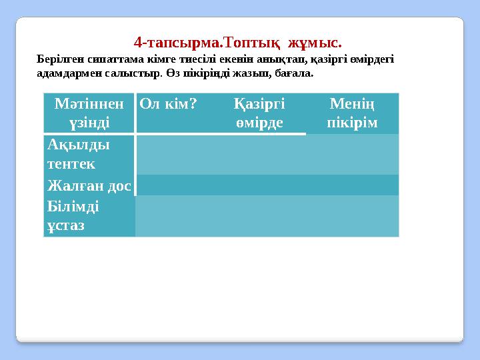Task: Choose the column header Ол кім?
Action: click(167, 104)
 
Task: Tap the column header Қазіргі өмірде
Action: click(259, 113)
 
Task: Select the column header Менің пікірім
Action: click(352, 113)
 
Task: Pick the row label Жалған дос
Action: click(89, 185)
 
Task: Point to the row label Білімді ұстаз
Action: click(73, 216)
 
